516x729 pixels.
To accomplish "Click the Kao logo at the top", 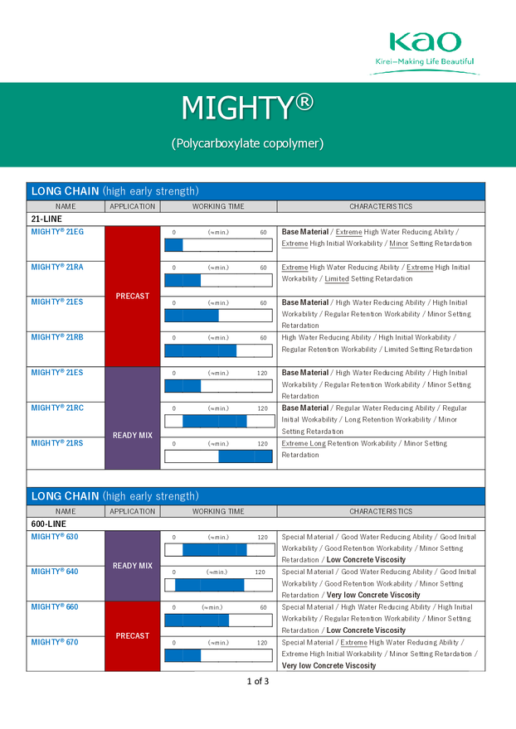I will click(x=424, y=42).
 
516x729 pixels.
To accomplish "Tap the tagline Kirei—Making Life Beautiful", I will click(x=424, y=61).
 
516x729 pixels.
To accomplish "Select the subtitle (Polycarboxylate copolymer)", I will click(x=247, y=143).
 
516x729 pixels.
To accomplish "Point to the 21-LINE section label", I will click(x=46, y=219).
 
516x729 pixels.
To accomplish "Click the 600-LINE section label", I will click(x=48, y=524).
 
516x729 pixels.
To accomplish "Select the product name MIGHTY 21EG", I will click(x=57, y=232).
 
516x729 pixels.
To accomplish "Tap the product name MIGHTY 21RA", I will click(x=57, y=268).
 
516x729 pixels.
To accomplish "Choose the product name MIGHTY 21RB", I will click(x=57, y=337).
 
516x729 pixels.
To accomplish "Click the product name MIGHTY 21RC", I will click(x=57, y=408).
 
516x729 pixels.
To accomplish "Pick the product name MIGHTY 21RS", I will click(x=57, y=443).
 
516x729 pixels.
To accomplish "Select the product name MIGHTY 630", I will click(x=55, y=537).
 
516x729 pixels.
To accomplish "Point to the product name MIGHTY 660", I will click(x=55, y=607).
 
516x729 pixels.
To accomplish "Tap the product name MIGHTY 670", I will click(x=55, y=642).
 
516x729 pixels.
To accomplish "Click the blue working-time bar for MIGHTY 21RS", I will click(x=245, y=456).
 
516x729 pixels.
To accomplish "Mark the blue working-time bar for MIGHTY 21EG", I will click(x=173, y=245).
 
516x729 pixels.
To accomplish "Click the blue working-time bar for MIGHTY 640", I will click(x=209, y=585).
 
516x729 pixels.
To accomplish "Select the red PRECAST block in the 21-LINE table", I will click(x=133, y=296).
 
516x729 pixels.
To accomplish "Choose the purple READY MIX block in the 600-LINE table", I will click(x=133, y=566).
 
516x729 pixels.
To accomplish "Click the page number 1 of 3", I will click(x=257, y=682).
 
